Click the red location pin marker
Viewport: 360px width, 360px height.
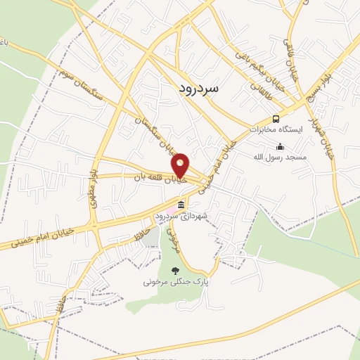181,165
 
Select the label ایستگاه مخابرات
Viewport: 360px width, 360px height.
277,130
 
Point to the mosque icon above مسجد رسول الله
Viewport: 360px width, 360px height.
281,147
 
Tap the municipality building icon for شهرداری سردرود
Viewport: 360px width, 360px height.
181,205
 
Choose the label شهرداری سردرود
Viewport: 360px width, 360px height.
181,215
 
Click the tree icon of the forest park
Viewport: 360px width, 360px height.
175,270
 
